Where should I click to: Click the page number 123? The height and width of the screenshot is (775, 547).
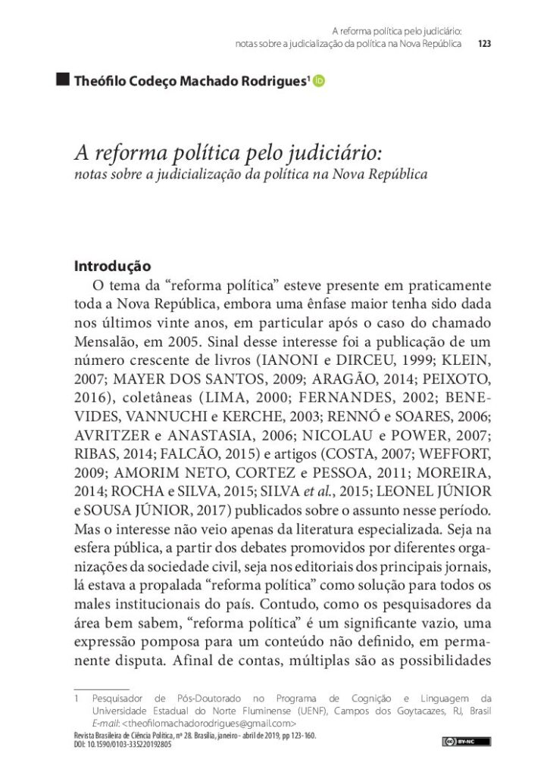(486, 44)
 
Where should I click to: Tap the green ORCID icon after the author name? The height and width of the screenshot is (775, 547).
(318, 81)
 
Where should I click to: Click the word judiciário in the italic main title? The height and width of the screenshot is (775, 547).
(333, 154)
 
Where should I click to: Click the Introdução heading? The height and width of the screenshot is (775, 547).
(113, 267)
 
